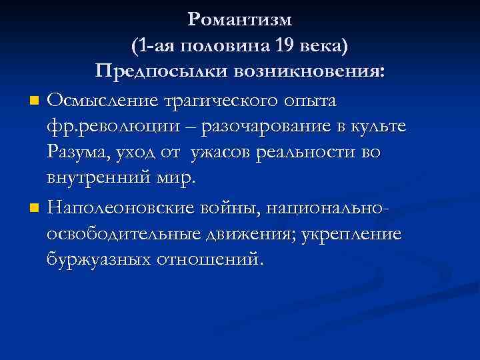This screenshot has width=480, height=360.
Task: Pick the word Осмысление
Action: (99, 101)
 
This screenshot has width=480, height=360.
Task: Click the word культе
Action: (386, 127)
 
